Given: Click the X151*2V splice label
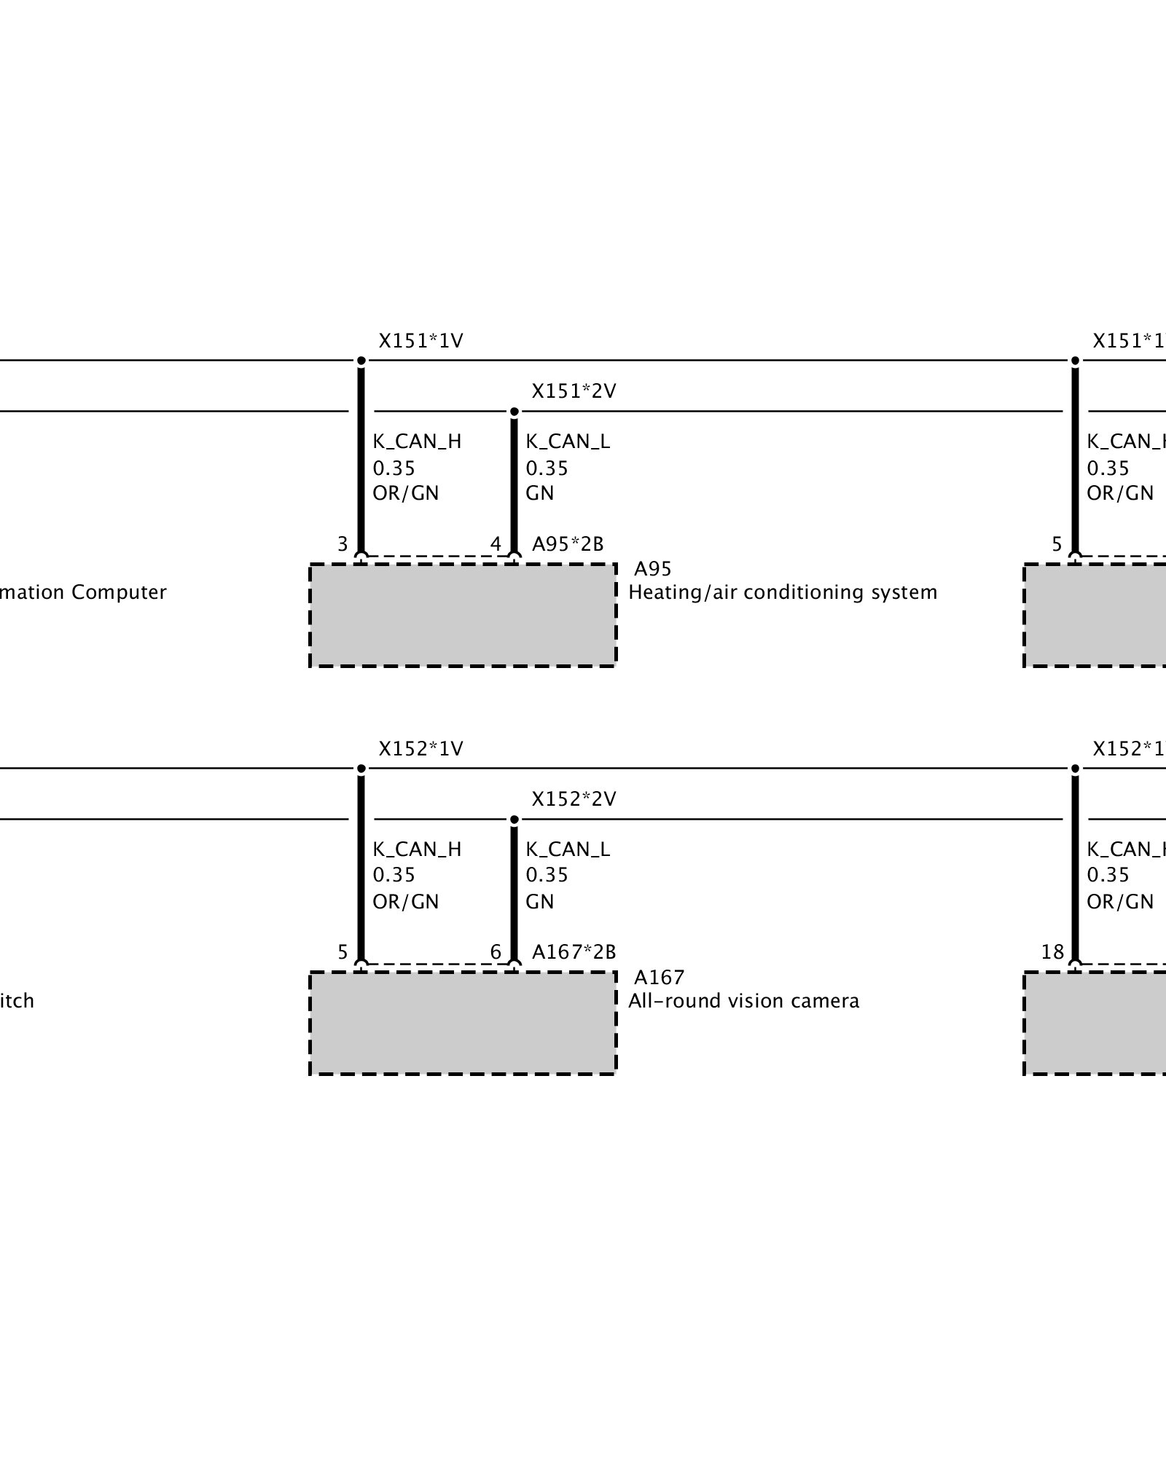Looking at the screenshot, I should (x=574, y=391).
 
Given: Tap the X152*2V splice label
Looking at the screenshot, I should (x=574, y=799).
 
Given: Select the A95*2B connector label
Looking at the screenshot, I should (x=568, y=544).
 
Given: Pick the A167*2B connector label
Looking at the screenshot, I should (x=574, y=952).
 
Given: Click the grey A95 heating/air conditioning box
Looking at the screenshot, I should (x=463, y=615).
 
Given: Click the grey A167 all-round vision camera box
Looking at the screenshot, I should (x=463, y=1023).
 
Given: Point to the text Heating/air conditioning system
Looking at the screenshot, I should (x=782, y=592).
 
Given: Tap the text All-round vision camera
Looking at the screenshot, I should (x=743, y=1001).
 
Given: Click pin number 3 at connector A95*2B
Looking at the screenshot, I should (x=343, y=544).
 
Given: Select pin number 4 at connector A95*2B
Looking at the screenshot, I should (x=496, y=544).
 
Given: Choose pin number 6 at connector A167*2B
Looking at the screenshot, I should (x=496, y=952).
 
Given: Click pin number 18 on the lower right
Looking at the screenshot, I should (x=1052, y=952).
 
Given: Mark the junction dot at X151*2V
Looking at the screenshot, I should (x=514, y=412).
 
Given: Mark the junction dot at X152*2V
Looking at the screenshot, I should (x=514, y=820).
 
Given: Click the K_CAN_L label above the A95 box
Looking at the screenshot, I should (x=568, y=441).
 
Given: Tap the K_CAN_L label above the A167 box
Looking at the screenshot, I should (x=568, y=849).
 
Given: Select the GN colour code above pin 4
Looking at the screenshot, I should (x=540, y=493).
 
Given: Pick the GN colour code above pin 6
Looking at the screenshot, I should (x=540, y=902).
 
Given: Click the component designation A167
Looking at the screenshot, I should (x=659, y=977).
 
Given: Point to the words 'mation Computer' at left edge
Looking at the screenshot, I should (x=83, y=592).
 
